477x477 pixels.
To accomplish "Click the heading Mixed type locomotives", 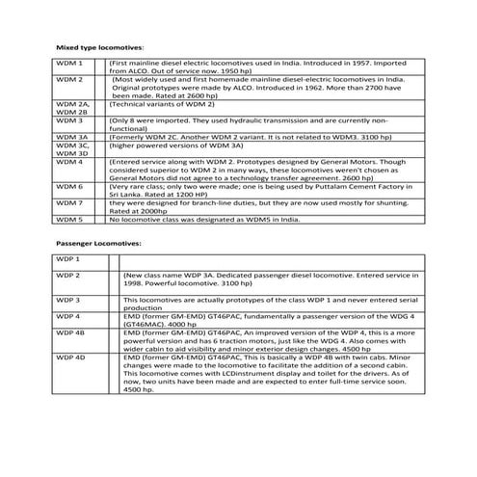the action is [101, 46].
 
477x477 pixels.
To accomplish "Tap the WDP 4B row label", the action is [71, 331].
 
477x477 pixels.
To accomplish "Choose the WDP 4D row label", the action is [71, 358].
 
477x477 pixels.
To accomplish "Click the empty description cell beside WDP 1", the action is [265, 262].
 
